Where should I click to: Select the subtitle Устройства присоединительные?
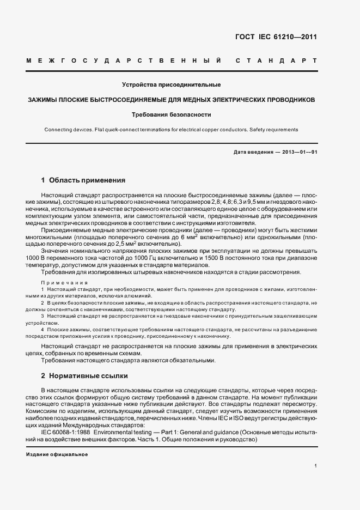click(x=171, y=85)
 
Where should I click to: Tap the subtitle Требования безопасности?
click(x=171, y=115)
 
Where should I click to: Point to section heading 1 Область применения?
click(x=83, y=180)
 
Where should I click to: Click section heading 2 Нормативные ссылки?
click(x=84, y=376)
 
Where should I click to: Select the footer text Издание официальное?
click(x=57, y=454)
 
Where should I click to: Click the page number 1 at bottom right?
click(x=316, y=466)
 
